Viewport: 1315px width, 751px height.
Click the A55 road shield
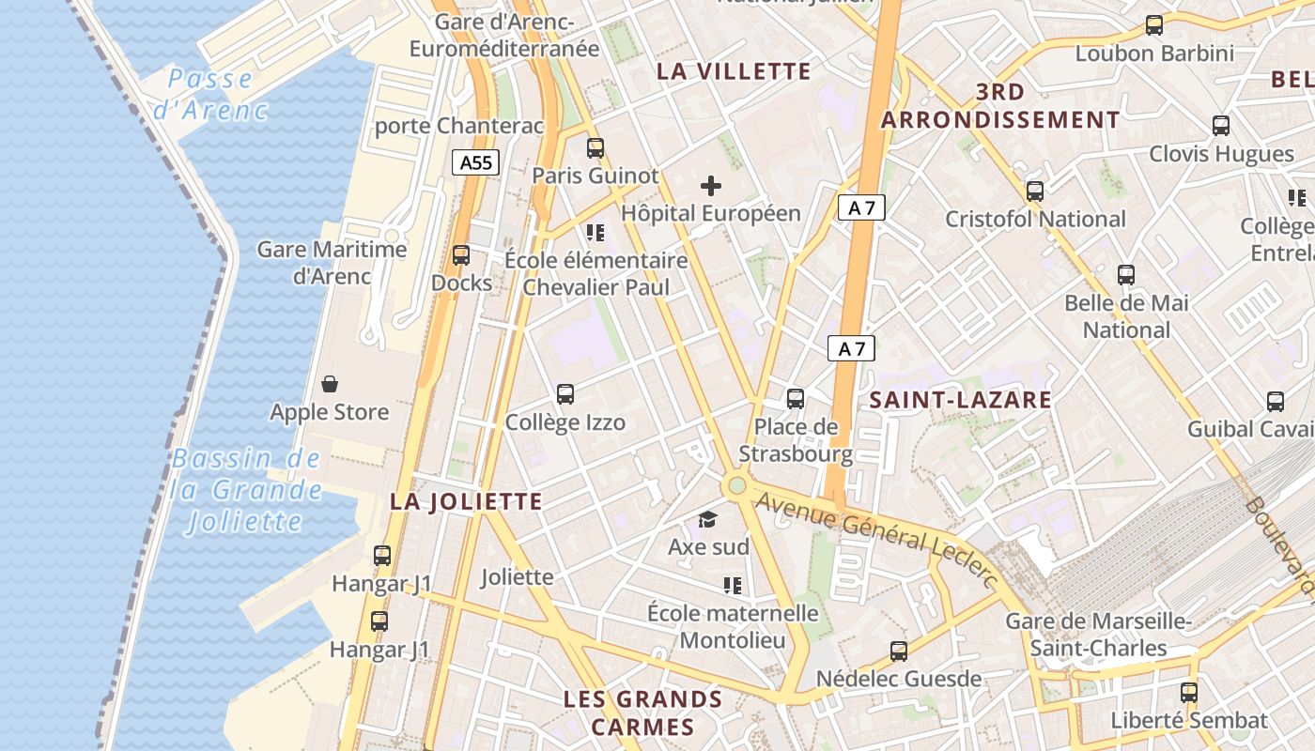point(476,162)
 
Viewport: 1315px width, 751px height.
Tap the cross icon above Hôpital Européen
point(711,185)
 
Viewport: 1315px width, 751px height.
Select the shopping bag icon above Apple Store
point(330,384)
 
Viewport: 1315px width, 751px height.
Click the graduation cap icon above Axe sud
point(707,519)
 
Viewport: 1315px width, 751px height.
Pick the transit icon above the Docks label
point(461,255)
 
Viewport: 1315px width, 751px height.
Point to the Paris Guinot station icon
point(595,148)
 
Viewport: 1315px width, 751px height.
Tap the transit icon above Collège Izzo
point(565,394)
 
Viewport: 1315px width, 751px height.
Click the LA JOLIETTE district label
point(466,501)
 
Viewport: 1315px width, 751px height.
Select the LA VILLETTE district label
point(734,71)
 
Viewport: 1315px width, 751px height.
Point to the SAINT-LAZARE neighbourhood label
point(960,400)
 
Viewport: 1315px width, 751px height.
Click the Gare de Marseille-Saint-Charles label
point(1098,635)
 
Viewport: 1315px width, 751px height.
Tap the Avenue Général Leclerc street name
point(875,538)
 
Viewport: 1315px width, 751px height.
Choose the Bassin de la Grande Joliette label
point(247,490)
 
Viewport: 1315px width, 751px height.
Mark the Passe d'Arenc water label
point(211,94)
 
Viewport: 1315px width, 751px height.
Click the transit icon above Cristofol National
point(1035,192)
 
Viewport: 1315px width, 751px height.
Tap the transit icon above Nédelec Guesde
point(899,651)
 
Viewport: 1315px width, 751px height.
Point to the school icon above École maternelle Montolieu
point(733,587)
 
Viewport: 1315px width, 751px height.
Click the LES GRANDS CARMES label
point(642,713)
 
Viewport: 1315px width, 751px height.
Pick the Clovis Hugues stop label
point(1221,154)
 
